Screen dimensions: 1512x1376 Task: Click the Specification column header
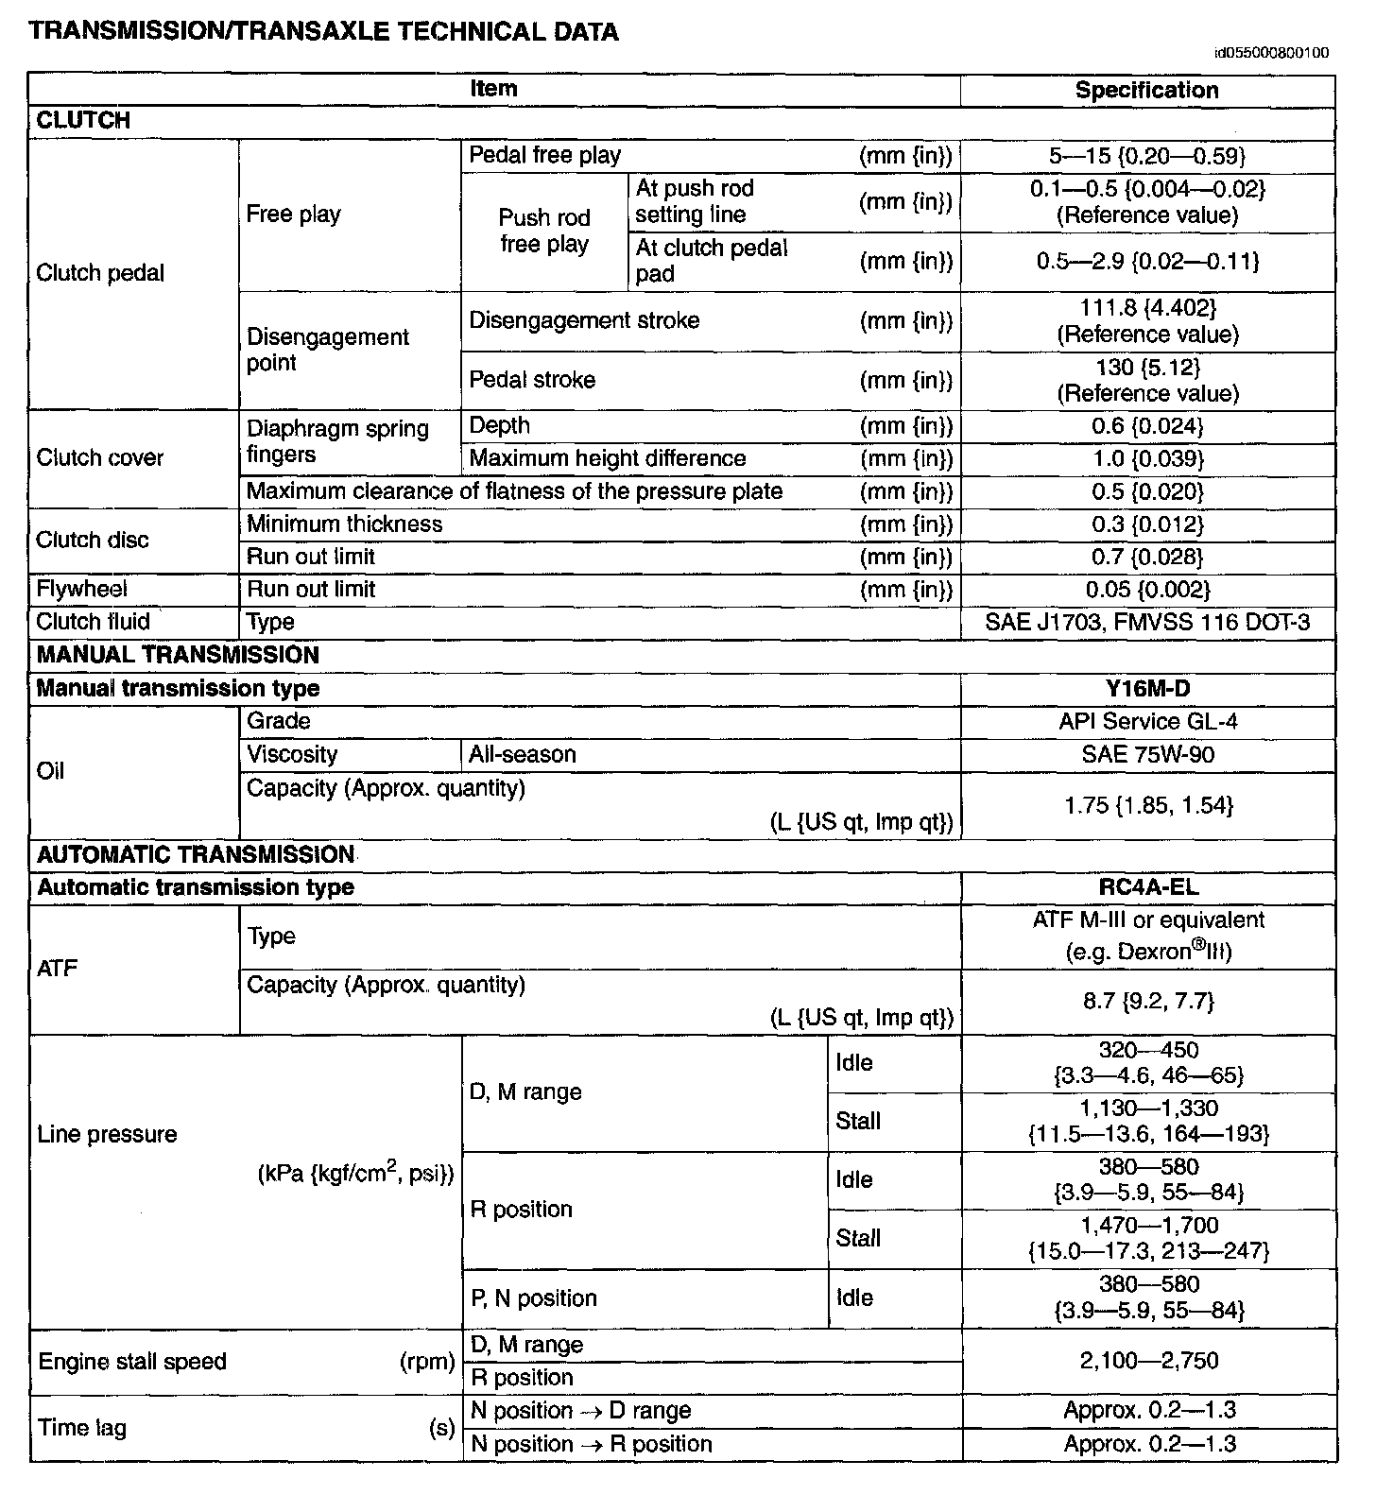click(x=1146, y=91)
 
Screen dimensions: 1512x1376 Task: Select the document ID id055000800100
click(x=1271, y=53)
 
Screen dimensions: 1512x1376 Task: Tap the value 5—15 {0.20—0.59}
click(x=1146, y=156)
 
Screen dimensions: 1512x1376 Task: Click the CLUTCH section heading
click(x=83, y=121)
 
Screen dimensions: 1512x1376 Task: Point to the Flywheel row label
click(x=81, y=590)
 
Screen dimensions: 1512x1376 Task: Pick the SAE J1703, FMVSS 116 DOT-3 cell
click(x=1146, y=623)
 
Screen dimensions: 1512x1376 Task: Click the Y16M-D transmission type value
click(x=1146, y=689)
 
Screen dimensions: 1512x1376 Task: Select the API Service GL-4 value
click(x=1146, y=722)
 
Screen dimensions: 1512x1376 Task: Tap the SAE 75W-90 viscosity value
click(x=1146, y=755)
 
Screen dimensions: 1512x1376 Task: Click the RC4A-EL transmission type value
click(x=1146, y=887)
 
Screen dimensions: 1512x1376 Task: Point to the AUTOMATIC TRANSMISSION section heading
click(x=195, y=855)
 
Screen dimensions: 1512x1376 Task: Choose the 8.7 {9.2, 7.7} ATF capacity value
click(x=1146, y=1001)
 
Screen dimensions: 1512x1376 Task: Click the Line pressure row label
click(x=107, y=1135)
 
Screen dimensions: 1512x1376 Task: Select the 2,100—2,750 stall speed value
click(x=1146, y=1361)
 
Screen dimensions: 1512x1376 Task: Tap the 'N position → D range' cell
click(x=580, y=1411)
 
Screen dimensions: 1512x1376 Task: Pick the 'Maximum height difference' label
click(x=608, y=459)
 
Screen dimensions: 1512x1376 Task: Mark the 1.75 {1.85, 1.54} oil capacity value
click(x=1146, y=805)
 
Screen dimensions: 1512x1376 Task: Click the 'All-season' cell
click(x=523, y=755)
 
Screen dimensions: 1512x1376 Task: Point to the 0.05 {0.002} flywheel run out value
click(x=1146, y=591)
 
